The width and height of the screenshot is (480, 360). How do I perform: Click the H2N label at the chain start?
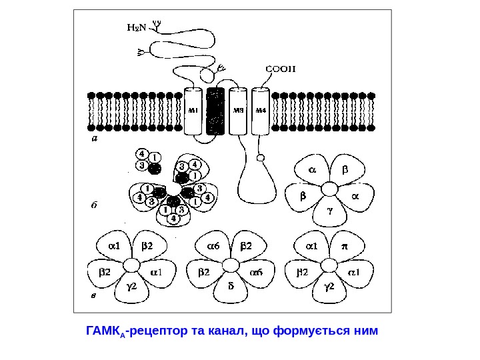(136, 28)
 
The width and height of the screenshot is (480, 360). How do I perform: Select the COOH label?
(281, 68)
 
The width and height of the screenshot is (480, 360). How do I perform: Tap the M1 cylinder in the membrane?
(193, 111)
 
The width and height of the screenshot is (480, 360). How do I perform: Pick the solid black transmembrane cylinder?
(215, 111)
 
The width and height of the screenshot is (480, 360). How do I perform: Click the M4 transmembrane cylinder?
(261, 111)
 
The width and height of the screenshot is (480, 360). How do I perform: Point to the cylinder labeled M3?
(238, 111)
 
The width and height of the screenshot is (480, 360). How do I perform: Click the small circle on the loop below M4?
(261, 158)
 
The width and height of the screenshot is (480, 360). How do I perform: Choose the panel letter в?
(93, 294)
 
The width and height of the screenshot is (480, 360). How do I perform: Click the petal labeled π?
(345, 246)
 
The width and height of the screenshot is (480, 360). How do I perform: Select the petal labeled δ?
(231, 287)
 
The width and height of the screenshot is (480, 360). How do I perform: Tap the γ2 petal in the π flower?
(329, 287)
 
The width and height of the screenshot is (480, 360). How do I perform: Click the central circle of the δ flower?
(231, 265)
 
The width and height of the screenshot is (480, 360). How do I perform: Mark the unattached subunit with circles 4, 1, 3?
(148, 161)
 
